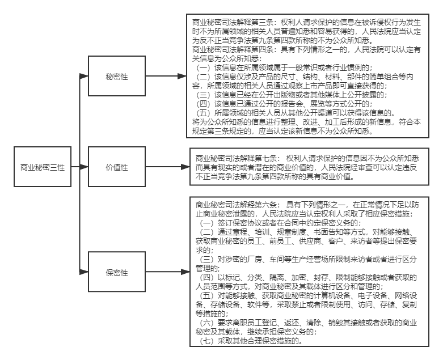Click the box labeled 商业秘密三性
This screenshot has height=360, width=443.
coord(43,167)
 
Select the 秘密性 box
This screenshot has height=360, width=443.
coord(117,76)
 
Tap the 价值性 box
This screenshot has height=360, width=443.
coord(117,167)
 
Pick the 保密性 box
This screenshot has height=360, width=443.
coord(117,272)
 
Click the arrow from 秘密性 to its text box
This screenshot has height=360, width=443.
coord(166,76)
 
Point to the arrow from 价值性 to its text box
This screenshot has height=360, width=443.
coord(167,167)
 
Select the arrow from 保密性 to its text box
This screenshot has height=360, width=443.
coord(167,272)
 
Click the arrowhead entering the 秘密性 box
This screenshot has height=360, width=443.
coord(84,76)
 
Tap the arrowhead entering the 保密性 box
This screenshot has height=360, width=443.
coord(84,272)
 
